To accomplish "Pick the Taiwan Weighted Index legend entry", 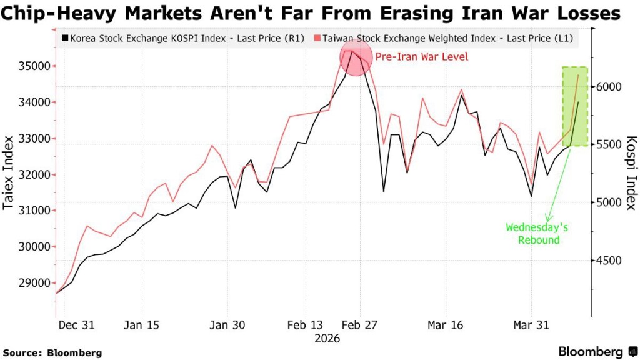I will tap(447, 39).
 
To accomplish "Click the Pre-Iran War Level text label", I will tap(421, 57).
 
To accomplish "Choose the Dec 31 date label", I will tap(76, 325).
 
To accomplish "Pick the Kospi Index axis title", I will tap(631, 173).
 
